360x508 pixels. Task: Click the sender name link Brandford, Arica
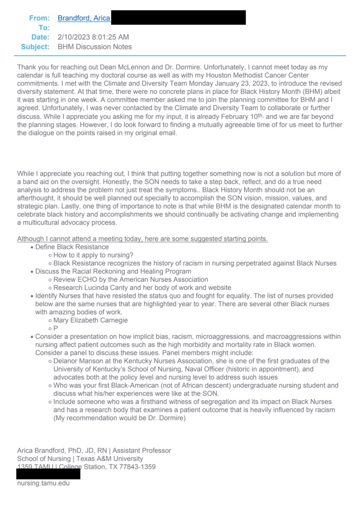click(84, 18)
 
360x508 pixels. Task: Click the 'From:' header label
click(39, 18)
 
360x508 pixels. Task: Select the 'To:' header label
click(45, 28)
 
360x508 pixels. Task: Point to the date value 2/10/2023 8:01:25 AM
click(93, 37)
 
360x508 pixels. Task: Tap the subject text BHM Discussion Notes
click(95, 47)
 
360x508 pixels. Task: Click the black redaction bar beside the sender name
click(178, 18)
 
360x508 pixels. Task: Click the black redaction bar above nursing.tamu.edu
click(48, 474)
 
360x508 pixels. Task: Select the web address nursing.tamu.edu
click(43, 483)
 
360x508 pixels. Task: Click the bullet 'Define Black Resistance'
click(72, 247)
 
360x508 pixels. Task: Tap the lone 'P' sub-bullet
click(56, 328)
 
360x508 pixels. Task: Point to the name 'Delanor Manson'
click(78, 361)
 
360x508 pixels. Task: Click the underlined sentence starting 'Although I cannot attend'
click(142, 239)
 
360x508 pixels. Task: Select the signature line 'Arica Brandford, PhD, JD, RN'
click(59, 450)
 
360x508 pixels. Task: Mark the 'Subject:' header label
click(36, 47)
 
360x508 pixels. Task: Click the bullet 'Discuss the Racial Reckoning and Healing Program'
click(113, 271)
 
